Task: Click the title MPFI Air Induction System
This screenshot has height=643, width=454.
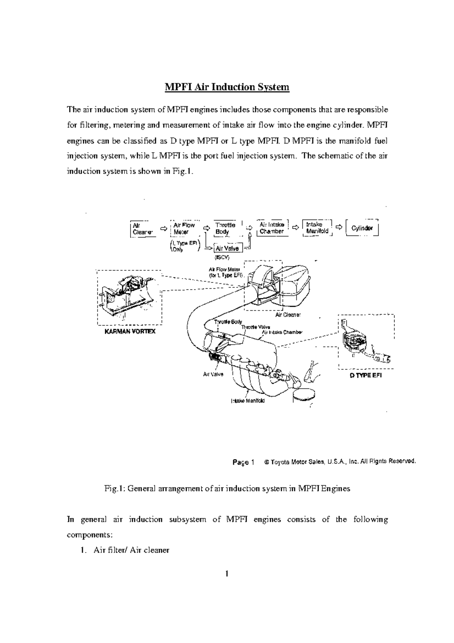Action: (x=227, y=87)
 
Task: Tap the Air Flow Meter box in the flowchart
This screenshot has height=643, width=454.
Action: (x=184, y=228)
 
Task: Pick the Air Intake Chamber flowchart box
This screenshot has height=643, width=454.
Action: (x=272, y=228)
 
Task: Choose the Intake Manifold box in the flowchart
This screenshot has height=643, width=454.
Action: (x=317, y=228)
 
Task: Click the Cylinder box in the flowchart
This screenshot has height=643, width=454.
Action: (x=362, y=228)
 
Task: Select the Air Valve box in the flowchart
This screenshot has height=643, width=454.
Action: (x=227, y=249)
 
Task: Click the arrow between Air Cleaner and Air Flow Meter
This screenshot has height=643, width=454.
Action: (x=163, y=229)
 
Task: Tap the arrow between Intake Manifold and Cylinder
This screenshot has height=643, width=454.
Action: (x=339, y=227)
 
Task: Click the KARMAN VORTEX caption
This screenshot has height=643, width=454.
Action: (x=130, y=331)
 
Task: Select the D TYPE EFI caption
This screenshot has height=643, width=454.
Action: (x=365, y=376)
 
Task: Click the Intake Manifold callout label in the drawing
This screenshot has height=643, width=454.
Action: (x=248, y=401)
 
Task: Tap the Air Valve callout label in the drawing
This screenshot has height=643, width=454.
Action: (x=213, y=374)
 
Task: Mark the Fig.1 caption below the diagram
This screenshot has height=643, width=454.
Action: (x=227, y=488)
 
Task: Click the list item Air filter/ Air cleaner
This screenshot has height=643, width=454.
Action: (x=131, y=550)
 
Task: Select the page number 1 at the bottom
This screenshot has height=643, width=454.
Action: (x=227, y=574)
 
